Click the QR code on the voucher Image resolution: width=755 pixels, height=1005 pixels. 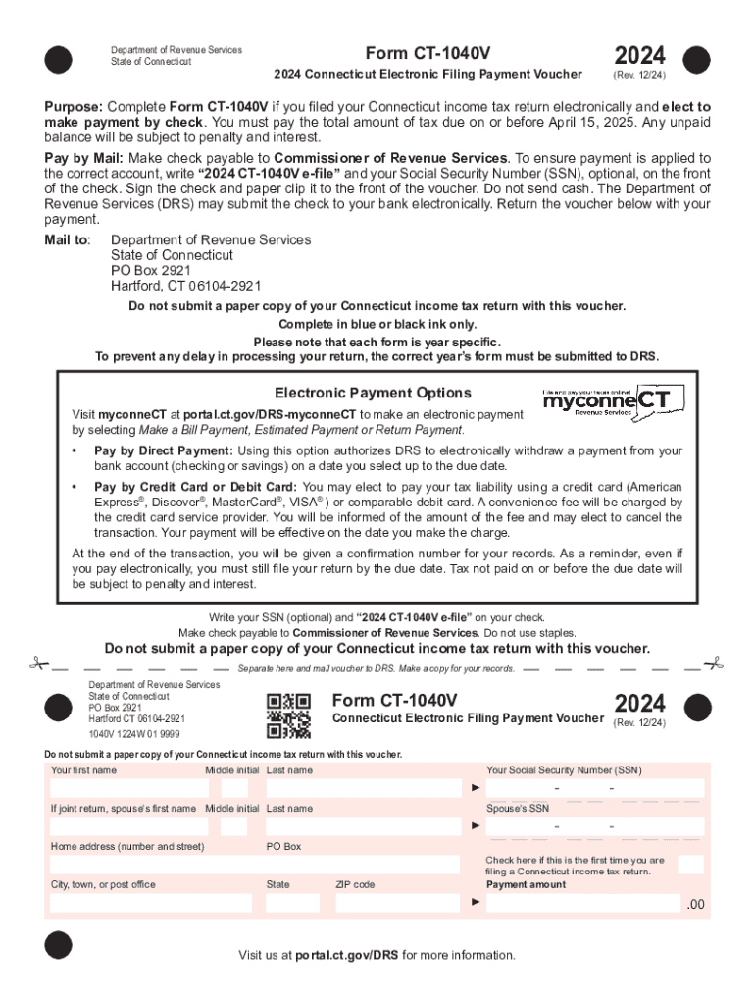coord(288,715)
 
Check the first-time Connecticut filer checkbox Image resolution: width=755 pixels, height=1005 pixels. coord(690,865)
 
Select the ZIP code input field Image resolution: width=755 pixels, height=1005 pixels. coord(398,903)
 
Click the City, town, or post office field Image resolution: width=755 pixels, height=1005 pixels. coord(151,903)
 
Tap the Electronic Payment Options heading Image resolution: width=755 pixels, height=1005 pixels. coord(373,393)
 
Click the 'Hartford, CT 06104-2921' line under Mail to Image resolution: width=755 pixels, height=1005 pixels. coord(185,286)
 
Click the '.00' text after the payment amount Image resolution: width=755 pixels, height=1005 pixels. coord(694,904)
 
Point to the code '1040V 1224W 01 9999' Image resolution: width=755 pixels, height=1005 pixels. coord(134,734)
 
